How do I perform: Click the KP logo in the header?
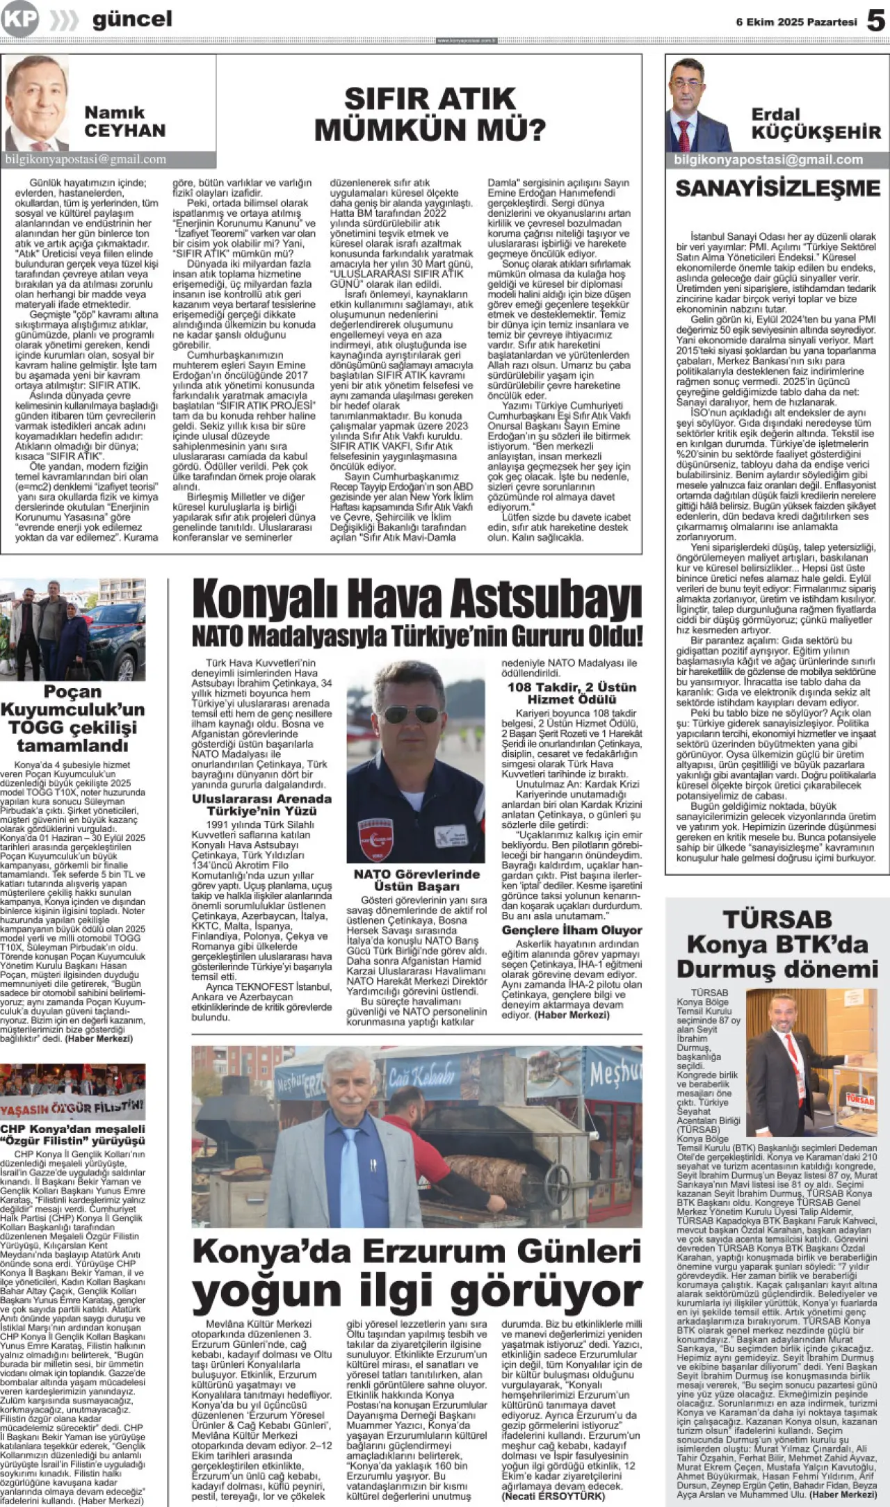point(19,19)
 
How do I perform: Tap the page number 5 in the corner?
point(875,21)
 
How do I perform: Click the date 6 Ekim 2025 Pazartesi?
point(796,22)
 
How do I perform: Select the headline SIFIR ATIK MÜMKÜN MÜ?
point(430,114)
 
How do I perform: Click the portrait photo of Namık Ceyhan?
point(36,103)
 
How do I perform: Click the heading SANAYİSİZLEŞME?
point(777,188)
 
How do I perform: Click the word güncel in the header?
point(132,19)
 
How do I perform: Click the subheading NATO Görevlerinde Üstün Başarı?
point(416,880)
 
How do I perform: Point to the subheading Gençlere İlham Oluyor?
point(572,930)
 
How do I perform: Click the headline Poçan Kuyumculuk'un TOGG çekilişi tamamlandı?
point(72,718)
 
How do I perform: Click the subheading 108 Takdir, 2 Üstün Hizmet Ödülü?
point(572,693)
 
